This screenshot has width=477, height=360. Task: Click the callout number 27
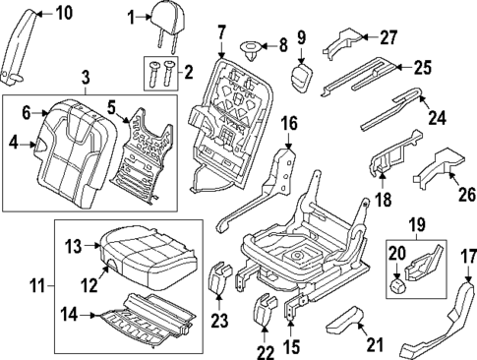point(388,37)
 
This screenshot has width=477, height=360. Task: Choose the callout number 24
point(436,117)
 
